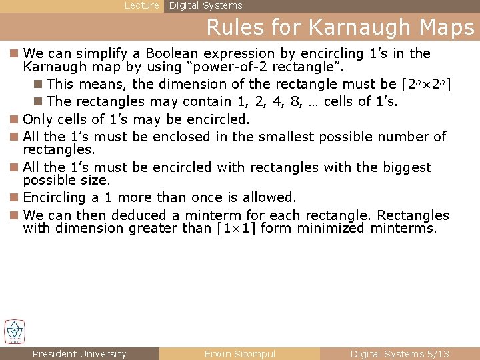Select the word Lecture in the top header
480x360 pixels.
pyautogui.click(x=142, y=5)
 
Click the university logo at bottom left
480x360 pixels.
pyautogui.click(x=15, y=331)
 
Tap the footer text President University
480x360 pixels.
pyautogui.click(x=79, y=354)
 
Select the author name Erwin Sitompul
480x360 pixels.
pyautogui.click(x=240, y=354)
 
